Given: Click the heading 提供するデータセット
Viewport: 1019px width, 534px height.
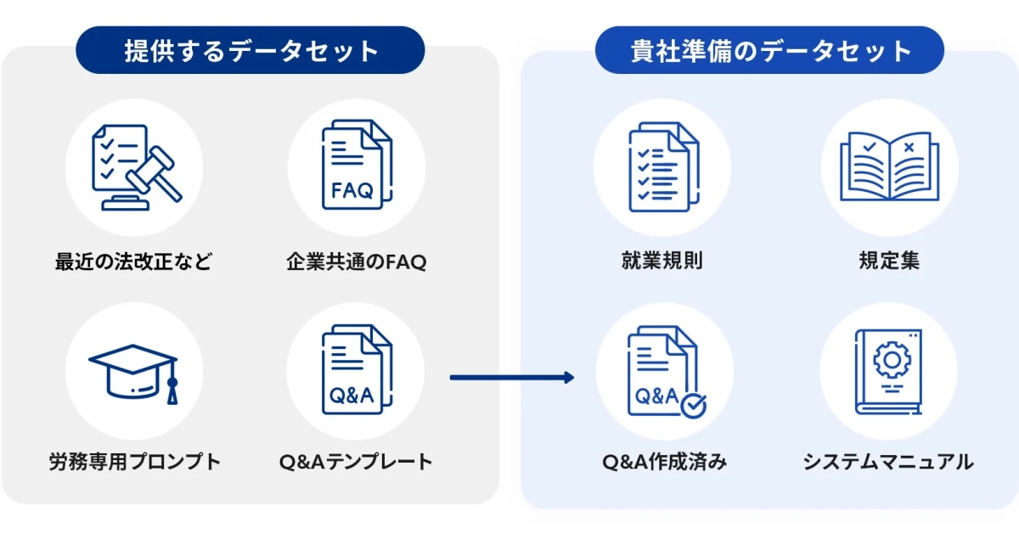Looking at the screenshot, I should click(x=251, y=51).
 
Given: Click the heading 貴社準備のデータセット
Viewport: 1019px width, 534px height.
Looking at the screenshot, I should click(x=769, y=51).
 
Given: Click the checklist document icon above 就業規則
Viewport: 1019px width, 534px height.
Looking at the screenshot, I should click(x=662, y=167).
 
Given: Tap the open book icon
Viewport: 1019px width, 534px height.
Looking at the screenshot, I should click(x=888, y=167).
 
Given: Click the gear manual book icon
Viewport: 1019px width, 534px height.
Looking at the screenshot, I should click(x=888, y=372).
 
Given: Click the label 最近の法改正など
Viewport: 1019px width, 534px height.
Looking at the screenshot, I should click(x=133, y=261).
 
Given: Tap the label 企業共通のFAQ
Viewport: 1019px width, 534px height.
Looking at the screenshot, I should click(x=356, y=261).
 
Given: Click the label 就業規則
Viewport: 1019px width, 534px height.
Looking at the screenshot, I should click(x=662, y=261).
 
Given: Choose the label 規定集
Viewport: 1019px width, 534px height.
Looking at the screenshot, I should click(x=888, y=261).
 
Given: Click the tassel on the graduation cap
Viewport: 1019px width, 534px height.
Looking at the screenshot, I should click(x=172, y=392).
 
